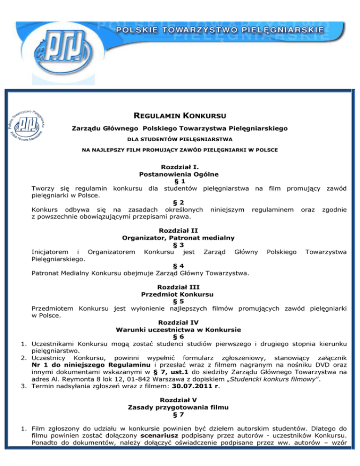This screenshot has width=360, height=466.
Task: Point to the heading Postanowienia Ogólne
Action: (x=180, y=174)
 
